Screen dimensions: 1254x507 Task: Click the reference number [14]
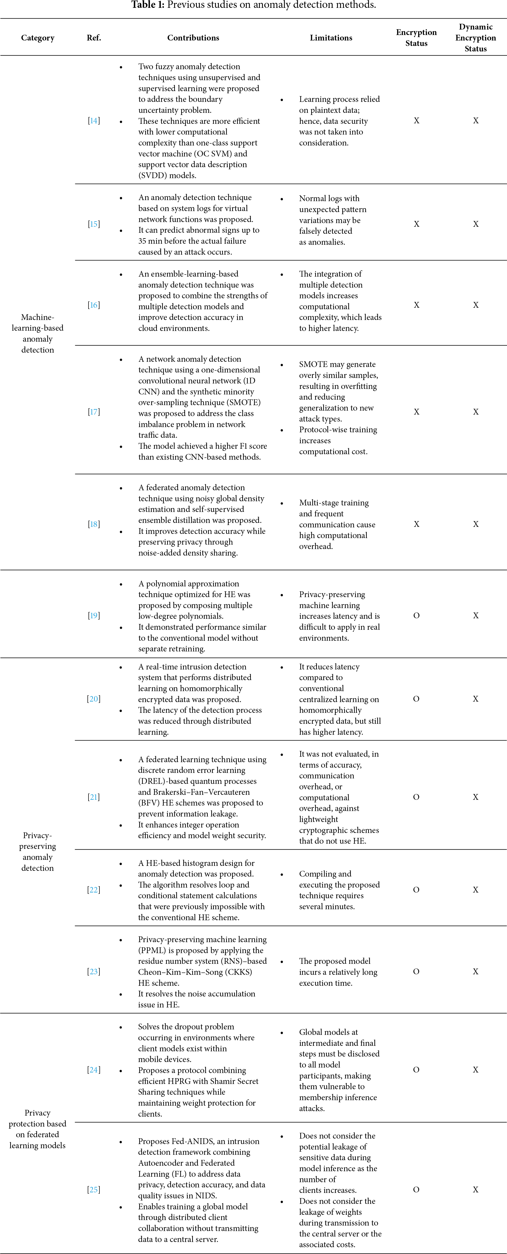(94, 121)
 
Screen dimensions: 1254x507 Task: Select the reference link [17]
(94, 412)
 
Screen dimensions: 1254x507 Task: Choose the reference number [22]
(94, 890)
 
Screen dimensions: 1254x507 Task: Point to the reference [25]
(94, 1190)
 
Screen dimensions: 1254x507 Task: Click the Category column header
(38, 38)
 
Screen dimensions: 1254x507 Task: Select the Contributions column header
(193, 38)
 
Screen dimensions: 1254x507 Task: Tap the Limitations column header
(331, 38)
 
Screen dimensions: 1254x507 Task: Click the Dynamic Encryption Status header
(475, 38)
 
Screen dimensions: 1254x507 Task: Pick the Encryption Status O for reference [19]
(416, 616)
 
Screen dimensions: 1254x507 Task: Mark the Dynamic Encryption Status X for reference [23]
(475, 972)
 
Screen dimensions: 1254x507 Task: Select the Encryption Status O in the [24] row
(416, 1070)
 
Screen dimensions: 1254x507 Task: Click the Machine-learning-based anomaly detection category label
(38, 334)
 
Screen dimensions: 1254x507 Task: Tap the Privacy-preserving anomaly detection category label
(38, 852)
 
